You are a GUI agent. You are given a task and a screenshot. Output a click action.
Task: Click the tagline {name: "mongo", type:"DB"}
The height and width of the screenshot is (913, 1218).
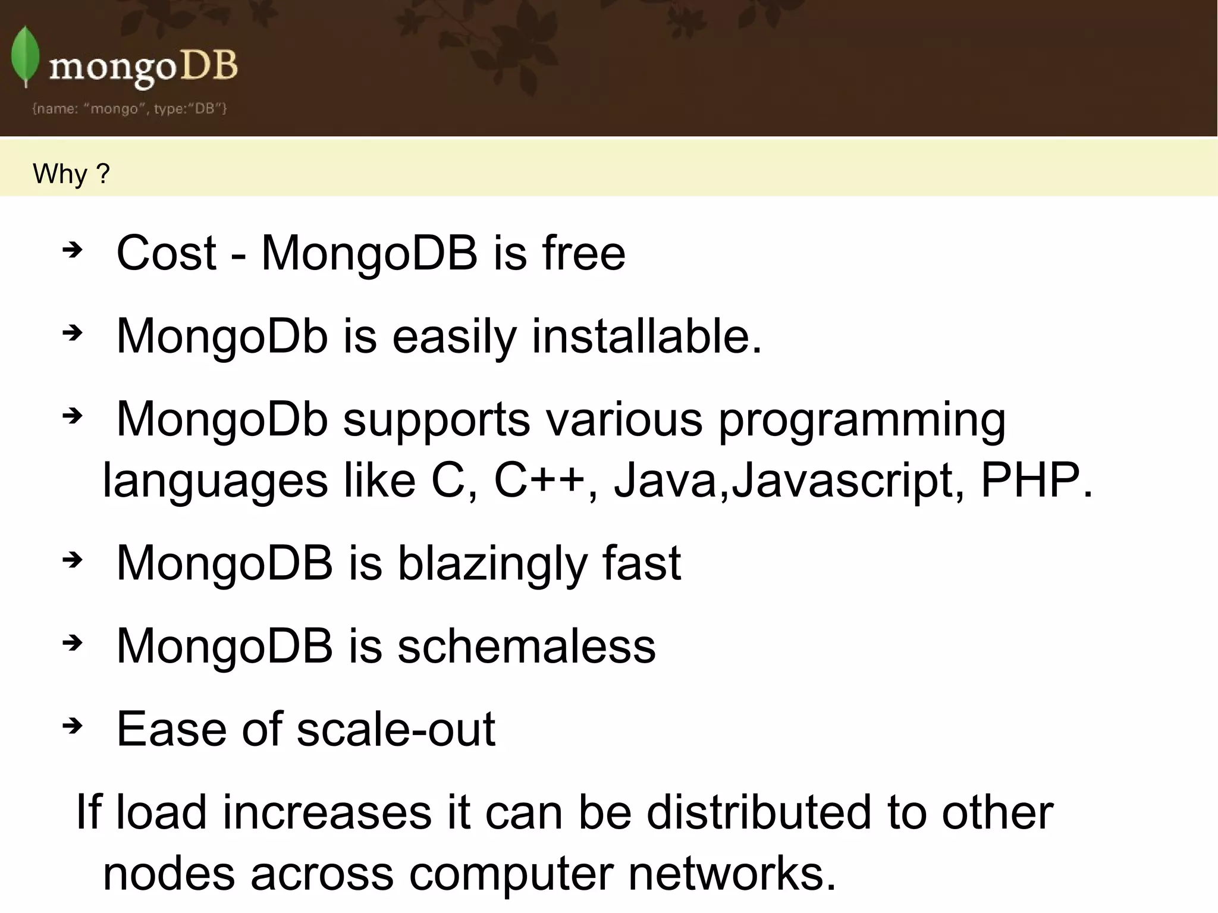pyautogui.click(x=130, y=108)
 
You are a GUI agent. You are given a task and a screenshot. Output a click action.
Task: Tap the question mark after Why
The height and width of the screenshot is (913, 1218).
pyautogui.click(x=103, y=174)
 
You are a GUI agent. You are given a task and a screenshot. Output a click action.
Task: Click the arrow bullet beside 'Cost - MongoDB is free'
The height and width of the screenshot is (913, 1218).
pyautogui.click(x=72, y=250)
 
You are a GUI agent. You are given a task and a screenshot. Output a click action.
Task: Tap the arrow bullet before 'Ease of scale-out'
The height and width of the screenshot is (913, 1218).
pyautogui.click(x=72, y=726)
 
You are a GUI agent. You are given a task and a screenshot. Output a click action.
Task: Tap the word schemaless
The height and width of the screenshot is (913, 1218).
pyautogui.click(x=526, y=646)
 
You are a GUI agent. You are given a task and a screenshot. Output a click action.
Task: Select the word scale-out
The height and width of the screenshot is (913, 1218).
pyautogui.click(x=395, y=729)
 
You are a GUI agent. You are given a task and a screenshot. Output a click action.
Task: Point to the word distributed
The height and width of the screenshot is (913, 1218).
pyautogui.click(x=759, y=812)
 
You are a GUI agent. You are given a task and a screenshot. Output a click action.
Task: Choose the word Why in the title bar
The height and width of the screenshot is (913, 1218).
pyautogui.click(x=60, y=174)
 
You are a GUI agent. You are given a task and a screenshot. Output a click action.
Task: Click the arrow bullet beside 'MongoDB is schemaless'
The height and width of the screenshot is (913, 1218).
pyautogui.click(x=72, y=642)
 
